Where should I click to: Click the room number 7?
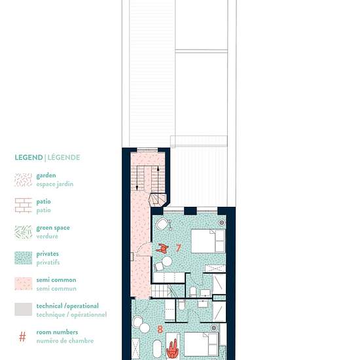179,248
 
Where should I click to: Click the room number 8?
160,329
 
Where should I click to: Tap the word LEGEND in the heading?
29,158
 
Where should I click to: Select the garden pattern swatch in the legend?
23,180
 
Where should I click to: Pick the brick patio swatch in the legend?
23,206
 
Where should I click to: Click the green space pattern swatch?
23,232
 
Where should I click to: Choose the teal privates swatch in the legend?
23,258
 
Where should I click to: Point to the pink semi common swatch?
23,284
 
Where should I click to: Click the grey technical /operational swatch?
23,309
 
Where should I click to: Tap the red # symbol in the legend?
22,337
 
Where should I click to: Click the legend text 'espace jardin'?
55,184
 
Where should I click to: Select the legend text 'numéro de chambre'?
65,341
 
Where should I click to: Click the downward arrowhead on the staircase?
137,188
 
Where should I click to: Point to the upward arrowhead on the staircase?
158,168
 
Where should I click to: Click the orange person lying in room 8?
172,350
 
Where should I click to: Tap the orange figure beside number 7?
162,249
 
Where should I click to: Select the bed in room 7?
208,241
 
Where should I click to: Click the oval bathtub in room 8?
157,348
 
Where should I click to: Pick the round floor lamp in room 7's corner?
221,223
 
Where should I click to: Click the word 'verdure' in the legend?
47,236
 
